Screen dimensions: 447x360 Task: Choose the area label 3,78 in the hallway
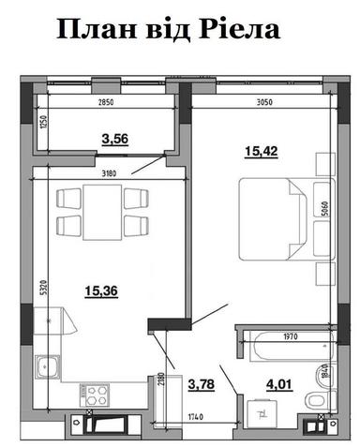(201, 382)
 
